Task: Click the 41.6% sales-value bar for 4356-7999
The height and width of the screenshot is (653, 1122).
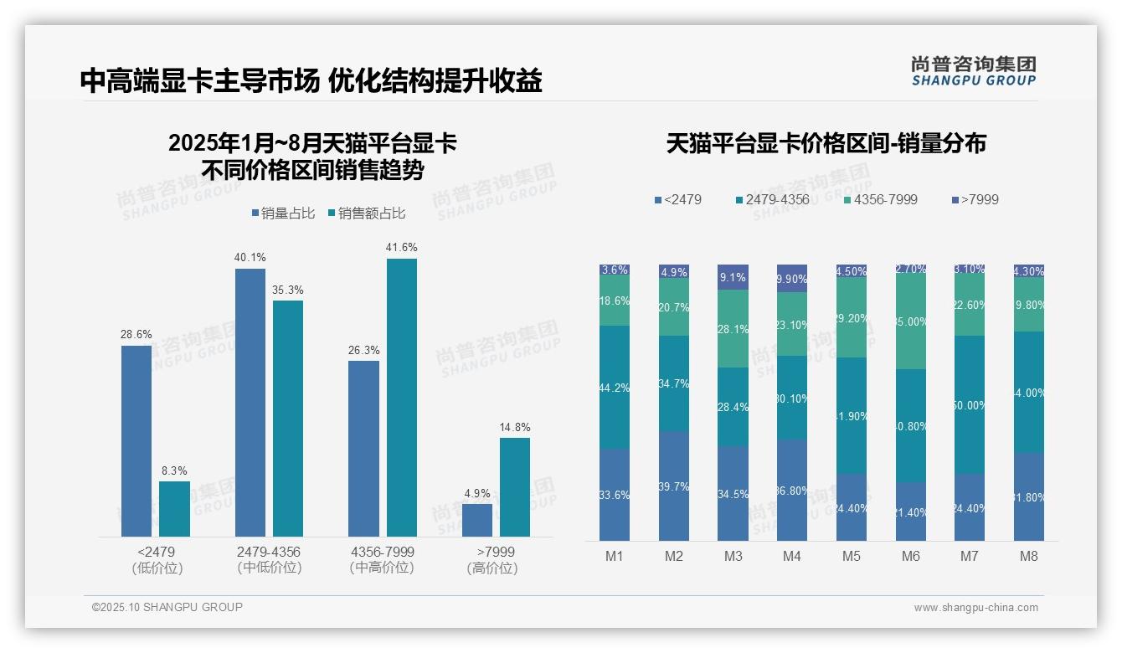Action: (401, 398)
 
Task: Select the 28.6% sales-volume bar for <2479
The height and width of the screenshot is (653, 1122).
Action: (136, 441)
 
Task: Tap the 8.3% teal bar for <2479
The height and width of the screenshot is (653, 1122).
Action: (174, 509)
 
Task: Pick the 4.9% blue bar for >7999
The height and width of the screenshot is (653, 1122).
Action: (477, 520)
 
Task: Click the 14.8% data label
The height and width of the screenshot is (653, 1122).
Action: (515, 427)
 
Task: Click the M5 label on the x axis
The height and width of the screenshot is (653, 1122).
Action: (852, 557)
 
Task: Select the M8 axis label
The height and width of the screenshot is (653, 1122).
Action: (1029, 557)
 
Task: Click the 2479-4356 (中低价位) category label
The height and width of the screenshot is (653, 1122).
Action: (268, 560)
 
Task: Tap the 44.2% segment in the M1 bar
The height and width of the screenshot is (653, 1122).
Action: (615, 388)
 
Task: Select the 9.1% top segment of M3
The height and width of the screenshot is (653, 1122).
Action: (733, 277)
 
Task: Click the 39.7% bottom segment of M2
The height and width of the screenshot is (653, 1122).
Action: (673, 486)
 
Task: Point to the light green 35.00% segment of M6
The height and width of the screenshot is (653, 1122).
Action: (911, 321)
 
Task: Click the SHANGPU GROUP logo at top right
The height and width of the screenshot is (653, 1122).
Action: (973, 71)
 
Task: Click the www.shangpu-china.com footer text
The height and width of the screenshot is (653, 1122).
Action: (975, 608)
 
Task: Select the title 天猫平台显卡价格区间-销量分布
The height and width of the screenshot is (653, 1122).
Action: (826, 144)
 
